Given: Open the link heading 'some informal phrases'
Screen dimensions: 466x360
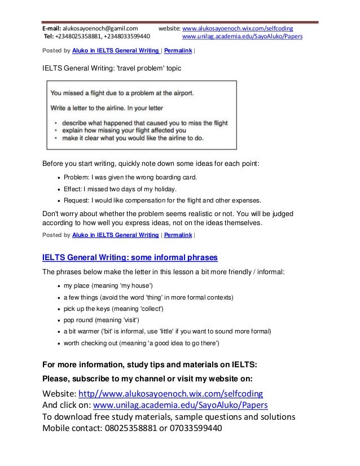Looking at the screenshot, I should click(x=130, y=258).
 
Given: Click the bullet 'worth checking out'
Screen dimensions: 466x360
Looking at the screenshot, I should click(x=141, y=342).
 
